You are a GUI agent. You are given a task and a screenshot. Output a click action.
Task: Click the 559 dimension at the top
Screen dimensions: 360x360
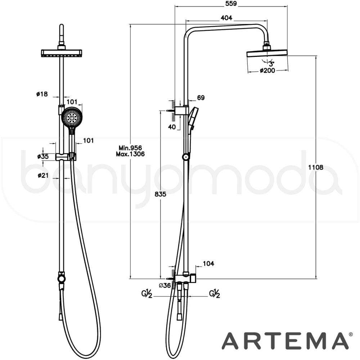tap(231, 4)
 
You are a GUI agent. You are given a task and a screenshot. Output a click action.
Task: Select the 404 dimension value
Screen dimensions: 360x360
tap(226, 18)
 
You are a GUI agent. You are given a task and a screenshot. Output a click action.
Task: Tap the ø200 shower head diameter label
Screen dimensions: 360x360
tap(267, 71)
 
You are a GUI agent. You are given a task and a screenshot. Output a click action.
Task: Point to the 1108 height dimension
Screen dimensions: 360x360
tap(315, 167)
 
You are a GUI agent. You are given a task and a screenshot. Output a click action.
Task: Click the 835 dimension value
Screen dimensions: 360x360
tap(160, 194)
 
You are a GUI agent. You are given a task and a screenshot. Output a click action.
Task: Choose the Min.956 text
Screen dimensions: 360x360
tap(130, 148)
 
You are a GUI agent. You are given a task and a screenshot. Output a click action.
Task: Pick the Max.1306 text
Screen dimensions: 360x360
tap(130, 154)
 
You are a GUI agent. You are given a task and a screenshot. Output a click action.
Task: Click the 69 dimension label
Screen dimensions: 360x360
tap(201, 98)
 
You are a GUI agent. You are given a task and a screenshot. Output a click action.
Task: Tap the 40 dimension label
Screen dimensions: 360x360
tap(172, 127)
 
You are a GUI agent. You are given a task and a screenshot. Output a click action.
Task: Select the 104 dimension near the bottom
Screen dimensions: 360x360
tap(208, 264)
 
